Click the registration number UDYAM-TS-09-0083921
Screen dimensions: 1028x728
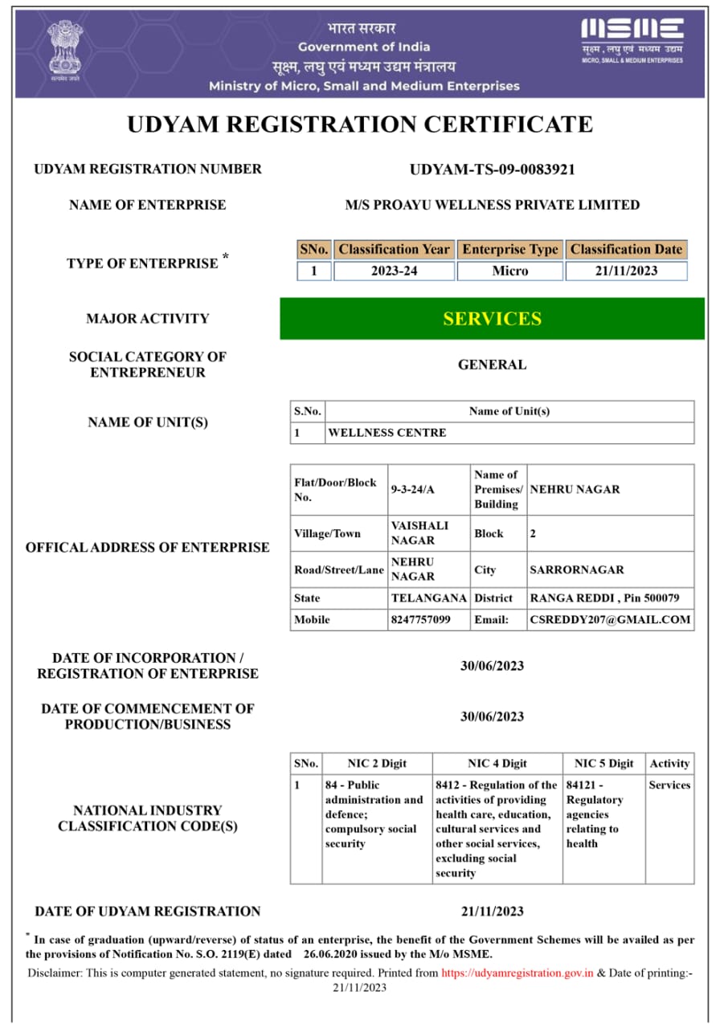[x=492, y=169]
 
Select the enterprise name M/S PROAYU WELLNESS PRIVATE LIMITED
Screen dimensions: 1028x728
[x=492, y=205]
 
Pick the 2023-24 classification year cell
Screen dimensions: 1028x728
[x=394, y=271]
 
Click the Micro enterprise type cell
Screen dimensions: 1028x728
[x=510, y=271]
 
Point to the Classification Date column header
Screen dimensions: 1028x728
[x=626, y=250]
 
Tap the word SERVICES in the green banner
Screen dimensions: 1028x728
[x=492, y=319]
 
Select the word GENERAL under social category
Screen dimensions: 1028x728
[x=492, y=365]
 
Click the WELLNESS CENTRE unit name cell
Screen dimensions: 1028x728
[x=386, y=433]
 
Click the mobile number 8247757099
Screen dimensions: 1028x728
[x=421, y=620]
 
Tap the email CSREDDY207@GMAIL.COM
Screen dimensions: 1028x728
[x=610, y=620]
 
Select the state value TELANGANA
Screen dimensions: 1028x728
[x=428, y=598]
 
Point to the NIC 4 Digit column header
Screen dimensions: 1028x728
[x=497, y=764]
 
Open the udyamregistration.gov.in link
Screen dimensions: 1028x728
[x=517, y=973]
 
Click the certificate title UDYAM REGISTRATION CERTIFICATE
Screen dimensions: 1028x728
[x=360, y=124]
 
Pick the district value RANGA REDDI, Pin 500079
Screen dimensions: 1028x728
[x=604, y=598]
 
